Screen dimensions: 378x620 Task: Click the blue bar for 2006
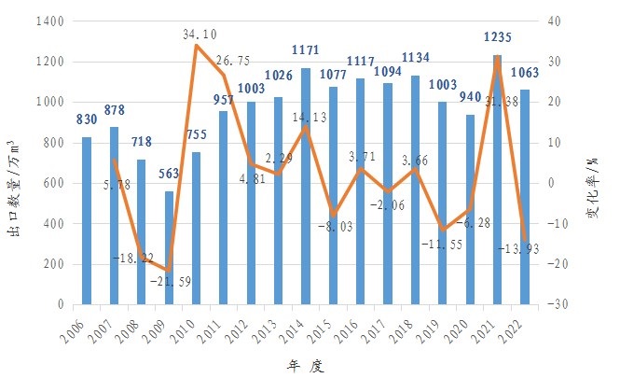point(87,221)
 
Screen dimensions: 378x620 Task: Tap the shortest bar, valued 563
point(169,247)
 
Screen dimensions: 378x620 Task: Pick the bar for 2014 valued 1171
point(306,186)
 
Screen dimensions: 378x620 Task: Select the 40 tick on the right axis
point(580,21)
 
